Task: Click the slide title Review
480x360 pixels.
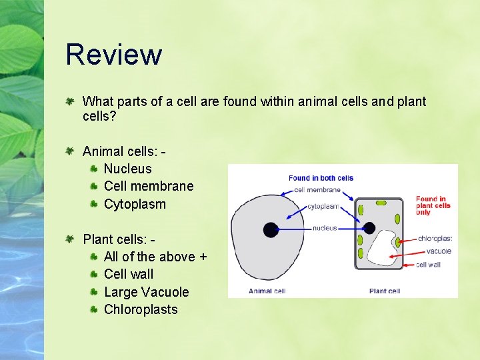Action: pos(113,55)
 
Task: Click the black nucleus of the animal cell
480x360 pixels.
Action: pos(270,229)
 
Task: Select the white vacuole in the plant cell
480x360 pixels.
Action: pos(379,249)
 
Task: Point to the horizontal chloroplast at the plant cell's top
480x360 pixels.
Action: pos(381,202)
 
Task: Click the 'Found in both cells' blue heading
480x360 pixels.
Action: pos(321,178)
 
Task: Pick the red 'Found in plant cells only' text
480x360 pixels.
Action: pos(433,205)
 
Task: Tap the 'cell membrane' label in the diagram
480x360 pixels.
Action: pos(317,190)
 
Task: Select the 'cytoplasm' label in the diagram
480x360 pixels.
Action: pos(323,207)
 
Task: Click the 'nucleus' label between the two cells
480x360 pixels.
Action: pos(325,228)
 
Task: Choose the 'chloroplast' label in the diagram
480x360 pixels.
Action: pos(435,238)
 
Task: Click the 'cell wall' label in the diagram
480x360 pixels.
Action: pos(428,265)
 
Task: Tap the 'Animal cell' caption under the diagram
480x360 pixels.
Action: pos(267,291)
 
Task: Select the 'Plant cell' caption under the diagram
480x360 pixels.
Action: pos(385,291)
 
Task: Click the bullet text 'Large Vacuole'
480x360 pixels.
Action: pos(147,292)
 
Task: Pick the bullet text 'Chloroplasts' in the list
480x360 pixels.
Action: pos(141,309)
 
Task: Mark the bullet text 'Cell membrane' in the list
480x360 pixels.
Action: pos(149,186)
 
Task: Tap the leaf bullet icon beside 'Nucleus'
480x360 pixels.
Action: pos(95,169)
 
